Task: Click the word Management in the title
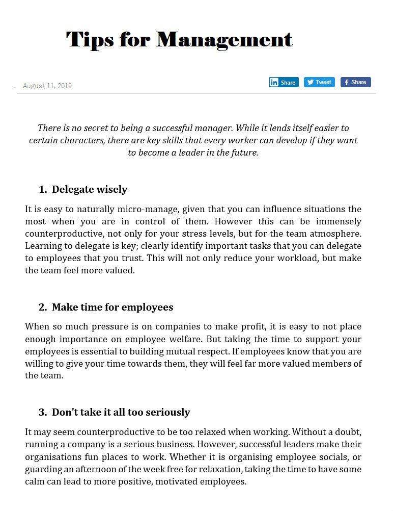224,39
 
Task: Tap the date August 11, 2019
47,86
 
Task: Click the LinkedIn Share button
284,82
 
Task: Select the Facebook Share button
355,82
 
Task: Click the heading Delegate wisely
90,189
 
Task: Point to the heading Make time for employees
112,307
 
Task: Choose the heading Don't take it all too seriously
121,412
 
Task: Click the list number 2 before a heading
42,307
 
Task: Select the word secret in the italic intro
96,128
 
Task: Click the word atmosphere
333,234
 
